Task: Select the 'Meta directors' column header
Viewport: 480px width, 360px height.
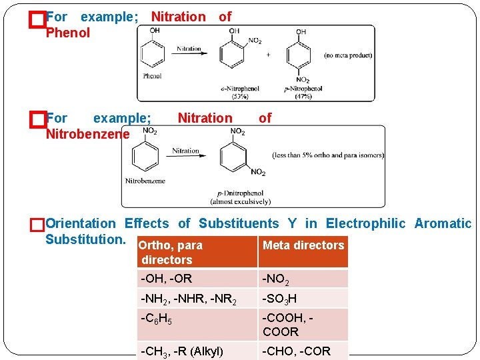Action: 303,245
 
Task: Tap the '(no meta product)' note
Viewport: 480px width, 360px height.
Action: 347,55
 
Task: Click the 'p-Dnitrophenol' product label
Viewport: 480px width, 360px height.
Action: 239,193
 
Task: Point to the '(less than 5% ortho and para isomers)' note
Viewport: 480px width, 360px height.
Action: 328,155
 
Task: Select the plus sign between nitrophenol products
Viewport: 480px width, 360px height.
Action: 267,55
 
